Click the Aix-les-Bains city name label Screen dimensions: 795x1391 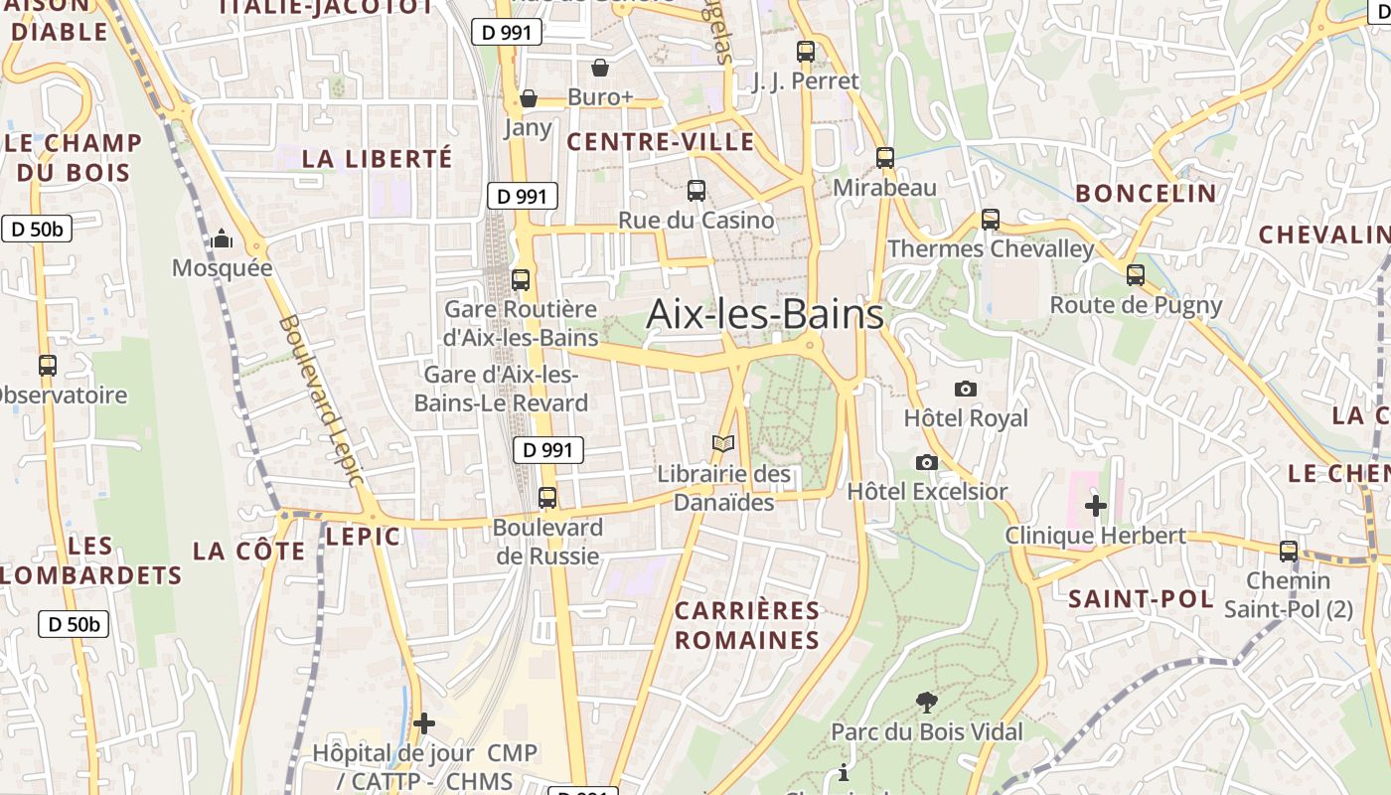[x=764, y=314]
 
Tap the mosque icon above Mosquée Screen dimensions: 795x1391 [x=222, y=239]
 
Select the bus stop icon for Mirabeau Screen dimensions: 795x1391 [x=884, y=158]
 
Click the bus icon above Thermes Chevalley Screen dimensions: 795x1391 [x=990, y=220]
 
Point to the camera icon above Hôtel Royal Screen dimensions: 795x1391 [x=965, y=389]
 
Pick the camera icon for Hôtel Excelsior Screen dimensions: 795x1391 [x=926, y=462]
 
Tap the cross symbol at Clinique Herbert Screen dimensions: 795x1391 [x=1095, y=506]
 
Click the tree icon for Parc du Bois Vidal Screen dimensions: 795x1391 [x=926, y=703]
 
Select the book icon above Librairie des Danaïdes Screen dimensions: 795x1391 [x=723, y=444]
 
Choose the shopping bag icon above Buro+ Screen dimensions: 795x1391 [x=600, y=68]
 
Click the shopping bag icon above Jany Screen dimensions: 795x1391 [x=529, y=98]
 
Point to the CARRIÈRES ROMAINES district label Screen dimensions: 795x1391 [x=747, y=624]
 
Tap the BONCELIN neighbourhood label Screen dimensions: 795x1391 [x=1146, y=193]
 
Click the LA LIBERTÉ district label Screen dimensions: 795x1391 [x=377, y=158]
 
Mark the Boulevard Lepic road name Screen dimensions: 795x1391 [x=320, y=400]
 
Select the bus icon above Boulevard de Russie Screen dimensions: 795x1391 [x=546, y=498]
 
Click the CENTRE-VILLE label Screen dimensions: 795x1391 [x=661, y=142]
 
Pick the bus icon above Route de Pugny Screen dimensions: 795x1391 [x=1135, y=275]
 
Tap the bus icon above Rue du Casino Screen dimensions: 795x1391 [x=695, y=190]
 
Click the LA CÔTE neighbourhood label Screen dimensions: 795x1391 [x=249, y=551]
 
